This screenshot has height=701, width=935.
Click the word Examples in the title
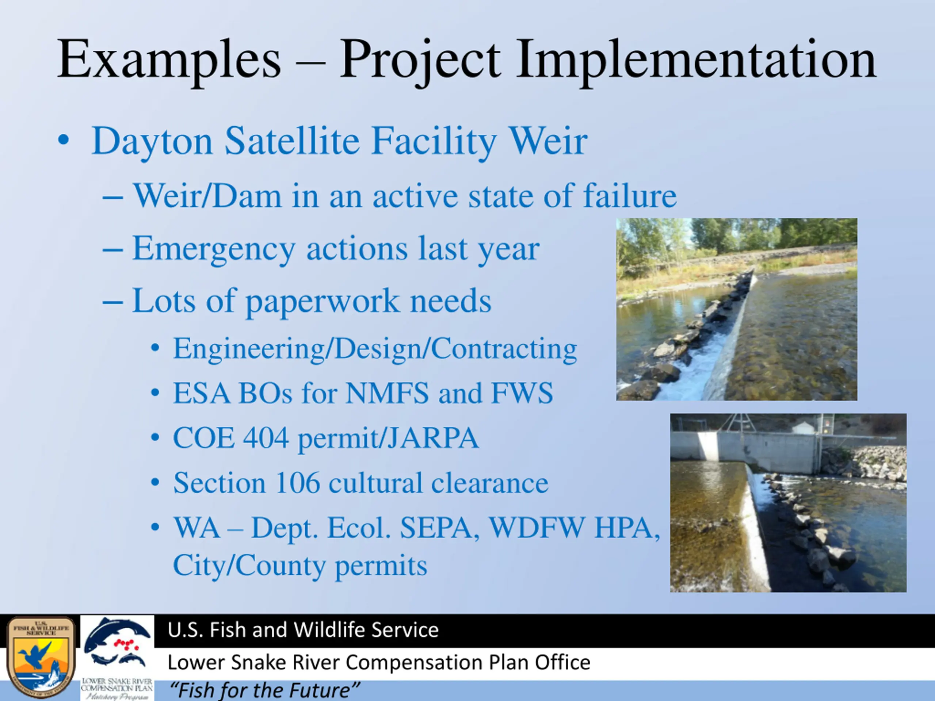click(169, 59)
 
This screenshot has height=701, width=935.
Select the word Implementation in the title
click(696, 59)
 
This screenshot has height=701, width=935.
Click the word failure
click(630, 196)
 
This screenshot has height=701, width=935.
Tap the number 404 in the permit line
click(266, 438)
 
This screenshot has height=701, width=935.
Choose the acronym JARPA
click(433, 438)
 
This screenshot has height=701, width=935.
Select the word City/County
click(249, 565)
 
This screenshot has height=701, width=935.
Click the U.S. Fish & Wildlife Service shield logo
click(41, 658)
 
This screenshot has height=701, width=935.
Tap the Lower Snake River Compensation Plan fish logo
click(117, 658)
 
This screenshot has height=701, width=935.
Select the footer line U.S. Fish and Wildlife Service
click(303, 629)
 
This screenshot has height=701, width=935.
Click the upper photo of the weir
click(737, 309)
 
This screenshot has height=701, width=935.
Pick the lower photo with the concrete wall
click(788, 503)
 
